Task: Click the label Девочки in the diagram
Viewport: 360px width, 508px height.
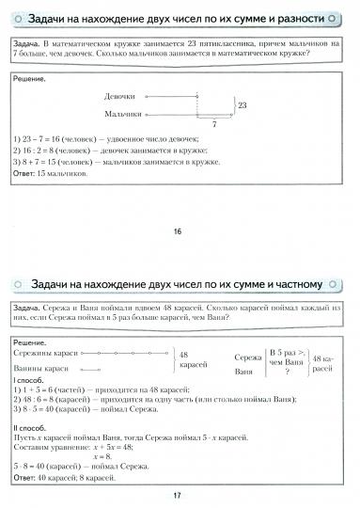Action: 121,97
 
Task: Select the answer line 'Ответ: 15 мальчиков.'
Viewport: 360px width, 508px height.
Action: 53,174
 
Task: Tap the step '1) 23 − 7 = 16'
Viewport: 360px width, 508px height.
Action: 47,137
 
